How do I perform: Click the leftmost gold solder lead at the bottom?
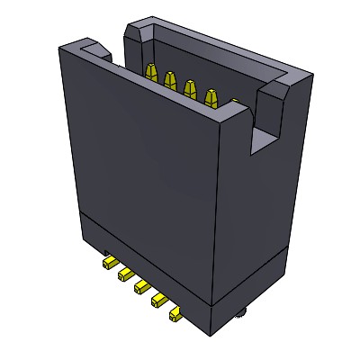coord(109,262)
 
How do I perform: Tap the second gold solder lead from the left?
coord(125,274)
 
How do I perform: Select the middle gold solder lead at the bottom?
coord(141,287)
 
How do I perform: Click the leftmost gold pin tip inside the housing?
coord(150,73)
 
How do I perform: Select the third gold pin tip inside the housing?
coord(190,88)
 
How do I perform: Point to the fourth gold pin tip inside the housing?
coord(212,95)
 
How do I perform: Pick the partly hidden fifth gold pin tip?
coord(233,103)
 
